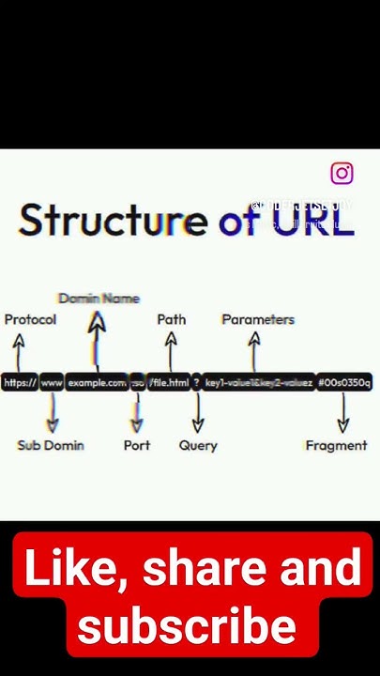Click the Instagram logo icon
click(x=342, y=173)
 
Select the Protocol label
click(x=30, y=319)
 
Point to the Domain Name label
click(x=99, y=299)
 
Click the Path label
click(x=172, y=319)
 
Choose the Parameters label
click(x=258, y=319)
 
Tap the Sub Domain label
click(x=51, y=445)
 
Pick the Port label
click(x=137, y=445)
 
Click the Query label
click(x=198, y=445)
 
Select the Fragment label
click(x=336, y=445)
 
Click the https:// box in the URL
click(x=20, y=382)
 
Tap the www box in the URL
click(x=52, y=382)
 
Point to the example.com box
click(x=97, y=382)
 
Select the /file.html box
click(x=169, y=382)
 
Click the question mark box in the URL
click(x=197, y=382)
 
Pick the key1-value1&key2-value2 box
click(x=258, y=382)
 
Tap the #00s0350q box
click(x=344, y=382)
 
